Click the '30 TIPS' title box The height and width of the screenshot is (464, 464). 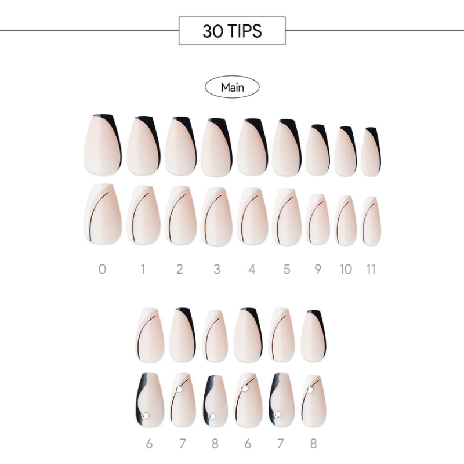(x=232, y=31)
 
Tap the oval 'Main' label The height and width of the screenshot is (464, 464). (x=232, y=87)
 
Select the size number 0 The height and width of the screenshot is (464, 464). (x=102, y=269)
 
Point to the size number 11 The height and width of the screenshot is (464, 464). (x=371, y=269)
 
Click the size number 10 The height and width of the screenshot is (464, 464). (x=346, y=269)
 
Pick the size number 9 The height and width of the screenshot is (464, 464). (x=317, y=269)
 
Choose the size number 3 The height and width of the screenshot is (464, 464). (x=217, y=269)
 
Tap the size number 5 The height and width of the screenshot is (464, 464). (x=287, y=269)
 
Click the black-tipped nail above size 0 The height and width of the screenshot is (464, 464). (x=103, y=144)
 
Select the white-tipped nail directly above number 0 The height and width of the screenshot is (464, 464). (x=103, y=214)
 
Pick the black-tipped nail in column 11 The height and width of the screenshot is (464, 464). (x=371, y=151)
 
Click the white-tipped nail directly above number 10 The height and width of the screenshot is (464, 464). (x=346, y=220)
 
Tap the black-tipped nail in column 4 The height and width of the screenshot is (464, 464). (x=252, y=147)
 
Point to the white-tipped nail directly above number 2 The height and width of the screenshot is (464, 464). (x=181, y=215)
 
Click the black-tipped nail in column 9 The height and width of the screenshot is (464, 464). (x=318, y=150)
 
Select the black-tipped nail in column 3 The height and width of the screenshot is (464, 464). (x=217, y=147)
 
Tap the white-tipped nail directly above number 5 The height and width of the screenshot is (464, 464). (x=287, y=217)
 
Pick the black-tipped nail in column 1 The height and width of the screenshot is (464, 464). (x=144, y=146)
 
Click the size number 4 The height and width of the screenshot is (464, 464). (x=252, y=269)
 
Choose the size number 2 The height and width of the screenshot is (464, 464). (x=180, y=269)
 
